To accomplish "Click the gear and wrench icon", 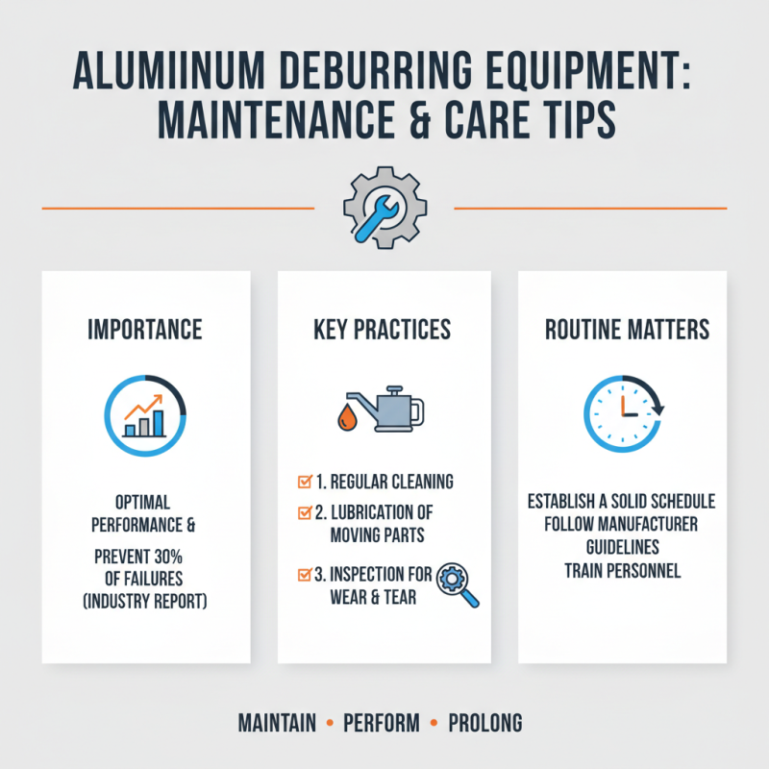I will coord(384,207).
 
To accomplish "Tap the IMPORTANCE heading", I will coord(145,330).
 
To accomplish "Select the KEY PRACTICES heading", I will coord(382,330).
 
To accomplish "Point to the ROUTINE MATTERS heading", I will coord(627,330).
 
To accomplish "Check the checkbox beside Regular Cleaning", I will coord(305,480).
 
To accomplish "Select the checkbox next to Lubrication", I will coord(305,510).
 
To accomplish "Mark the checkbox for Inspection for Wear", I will coord(305,574).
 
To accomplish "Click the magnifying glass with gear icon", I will coord(458,584).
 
